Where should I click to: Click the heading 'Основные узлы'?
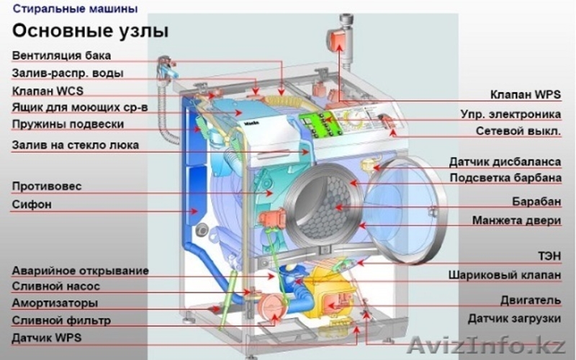click(x=90, y=31)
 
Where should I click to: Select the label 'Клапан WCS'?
click(x=48, y=91)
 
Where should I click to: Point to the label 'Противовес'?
click(x=46, y=186)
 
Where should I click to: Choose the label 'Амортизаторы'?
click(x=55, y=303)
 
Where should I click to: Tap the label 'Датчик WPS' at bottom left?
click(x=46, y=337)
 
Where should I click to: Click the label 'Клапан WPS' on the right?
click(x=525, y=94)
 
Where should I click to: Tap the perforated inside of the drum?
click(x=328, y=205)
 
